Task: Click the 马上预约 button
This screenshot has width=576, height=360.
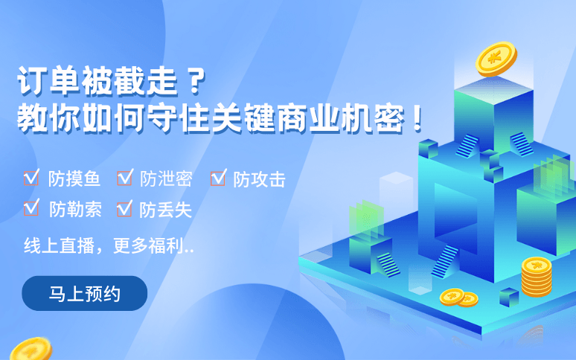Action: click(85, 293)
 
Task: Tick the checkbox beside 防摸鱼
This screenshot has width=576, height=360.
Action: click(31, 178)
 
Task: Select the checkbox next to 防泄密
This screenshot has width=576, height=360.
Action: click(124, 178)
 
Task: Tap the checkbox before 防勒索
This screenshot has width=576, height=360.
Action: click(31, 208)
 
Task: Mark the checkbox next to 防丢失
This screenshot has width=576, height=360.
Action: click(124, 208)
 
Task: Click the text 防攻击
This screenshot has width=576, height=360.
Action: click(259, 179)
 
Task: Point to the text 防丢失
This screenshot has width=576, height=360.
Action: click(165, 210)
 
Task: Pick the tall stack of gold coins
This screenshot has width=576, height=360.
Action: click(536, 277)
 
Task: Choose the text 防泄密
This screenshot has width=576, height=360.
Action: click(165, 179)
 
